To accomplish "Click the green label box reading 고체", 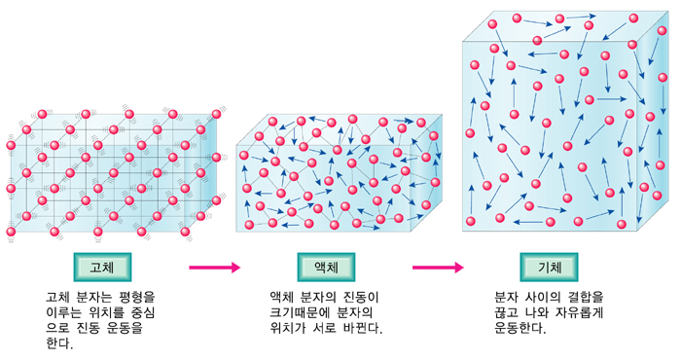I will tap(102, 266).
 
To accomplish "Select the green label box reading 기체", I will tap(551, 266).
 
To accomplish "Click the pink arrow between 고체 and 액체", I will tap(214, 267).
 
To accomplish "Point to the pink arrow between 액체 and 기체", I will tap(438, 267).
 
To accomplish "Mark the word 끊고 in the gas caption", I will tap(508, 312).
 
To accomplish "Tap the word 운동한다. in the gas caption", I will tap(520, 328).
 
